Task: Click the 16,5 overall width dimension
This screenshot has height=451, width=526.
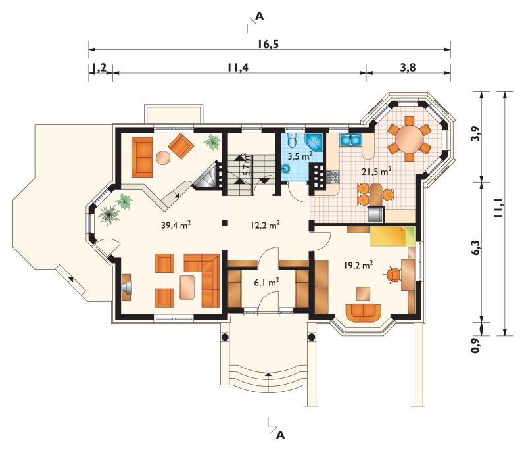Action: pyautogui.click(x=268, y=43)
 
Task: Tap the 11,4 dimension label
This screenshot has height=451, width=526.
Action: pyautogui.click(x=238, y=68)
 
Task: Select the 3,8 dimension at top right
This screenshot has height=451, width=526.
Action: pyautogui.click(x=408, y=68)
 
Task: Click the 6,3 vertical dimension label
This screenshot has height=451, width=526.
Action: pyautogui.click(x=475, y=248)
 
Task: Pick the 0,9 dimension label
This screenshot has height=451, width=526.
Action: pyautogui.click(x=475, y=346)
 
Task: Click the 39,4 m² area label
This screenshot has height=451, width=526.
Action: pyautogui.click(x=176, y=225)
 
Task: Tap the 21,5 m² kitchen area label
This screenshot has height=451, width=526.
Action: pyautogui.click(x=376, y=172)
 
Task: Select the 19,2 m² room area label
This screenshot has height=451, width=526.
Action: pyautogui.click(x=358, y=265)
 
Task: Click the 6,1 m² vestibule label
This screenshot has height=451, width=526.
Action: pyautogui.click(x=267, y=283)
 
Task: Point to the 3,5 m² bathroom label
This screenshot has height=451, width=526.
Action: pyautogui.click(x=300, y=156)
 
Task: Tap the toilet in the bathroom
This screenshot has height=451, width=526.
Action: pyautogui.click(x=293, y=139)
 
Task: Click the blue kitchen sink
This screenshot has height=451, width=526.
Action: pyautogui.click(x=350, y=140)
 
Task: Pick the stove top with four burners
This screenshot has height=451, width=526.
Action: pyautogui.click(x=333, y=177)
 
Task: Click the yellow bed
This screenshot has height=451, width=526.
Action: pyautogui.click(x=393, y=236)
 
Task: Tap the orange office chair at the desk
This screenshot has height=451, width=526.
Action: pyautogui.click(x=393, y=275)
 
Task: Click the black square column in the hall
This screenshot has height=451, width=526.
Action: pyautogui.click(x=225, y=222)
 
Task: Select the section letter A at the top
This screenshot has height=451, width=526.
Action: pyautogui.click(x=259, y=16)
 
